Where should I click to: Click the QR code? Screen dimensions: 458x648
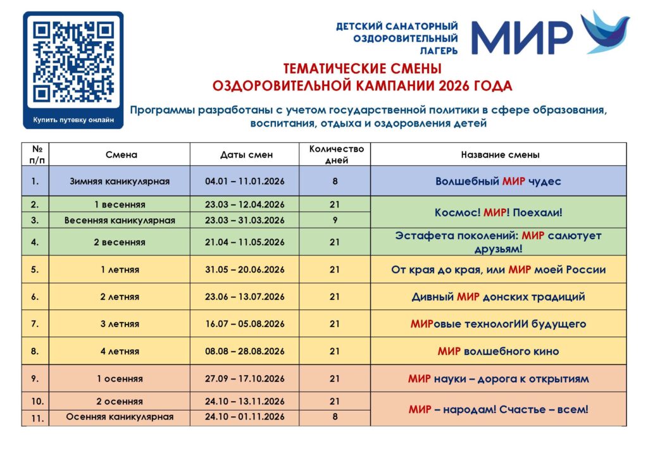coord(73,62)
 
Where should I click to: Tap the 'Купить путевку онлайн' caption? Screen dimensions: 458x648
coord(74,120)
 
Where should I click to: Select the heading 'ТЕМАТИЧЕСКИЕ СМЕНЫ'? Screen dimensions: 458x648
coord(362,68)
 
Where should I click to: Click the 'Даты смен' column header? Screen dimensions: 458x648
coord(245,155)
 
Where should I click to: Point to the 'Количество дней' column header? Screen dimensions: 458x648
coord(335,155)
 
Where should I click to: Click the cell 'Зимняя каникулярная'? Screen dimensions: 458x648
coord(120,182)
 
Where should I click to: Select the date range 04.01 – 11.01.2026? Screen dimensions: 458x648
coord(245,182)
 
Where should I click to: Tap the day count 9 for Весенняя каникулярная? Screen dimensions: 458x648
coord(335,220)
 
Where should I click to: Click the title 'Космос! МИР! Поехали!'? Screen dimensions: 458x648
coord(499,213)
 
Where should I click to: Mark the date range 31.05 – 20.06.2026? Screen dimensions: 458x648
coord(245,269)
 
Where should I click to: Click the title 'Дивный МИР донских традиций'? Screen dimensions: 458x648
coord(499,297)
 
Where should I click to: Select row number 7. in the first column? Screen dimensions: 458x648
coord(35,324)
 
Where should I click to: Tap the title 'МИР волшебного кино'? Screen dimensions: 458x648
coord(499,351)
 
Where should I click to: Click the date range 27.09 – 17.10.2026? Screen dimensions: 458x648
coord(245,379)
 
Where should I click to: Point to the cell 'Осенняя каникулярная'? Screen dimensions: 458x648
coord(120,417)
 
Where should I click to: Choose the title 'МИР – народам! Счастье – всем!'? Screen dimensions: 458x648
coord(499,409)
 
